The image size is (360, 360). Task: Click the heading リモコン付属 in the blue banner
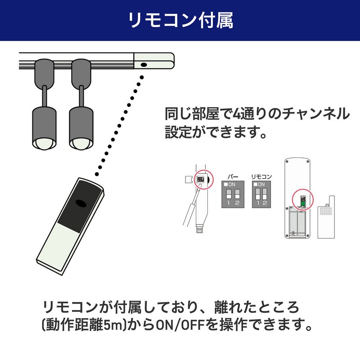(x=181, y=20)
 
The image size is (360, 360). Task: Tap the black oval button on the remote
(x=81, y=204)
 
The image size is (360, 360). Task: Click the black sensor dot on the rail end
(x=144, y=65)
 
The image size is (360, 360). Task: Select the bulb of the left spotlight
(x=44, y=144)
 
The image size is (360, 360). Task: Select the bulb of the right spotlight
(x=81, y=144)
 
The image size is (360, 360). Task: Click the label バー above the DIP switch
(x=233, y=177)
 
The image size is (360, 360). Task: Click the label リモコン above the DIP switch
(x=261, y=177)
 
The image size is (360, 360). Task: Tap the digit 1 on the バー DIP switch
(x=229, y=203)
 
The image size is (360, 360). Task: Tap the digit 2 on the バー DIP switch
(x=237, y=203)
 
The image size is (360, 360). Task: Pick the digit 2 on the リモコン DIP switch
(x=265, y=203)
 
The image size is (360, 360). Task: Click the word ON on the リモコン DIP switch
(x=261, y=184)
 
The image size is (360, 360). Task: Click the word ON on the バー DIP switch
(x=232, y=184)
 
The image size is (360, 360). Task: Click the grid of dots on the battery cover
(x=326, y=211)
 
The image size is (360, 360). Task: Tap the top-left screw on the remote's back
(x=287, y=162)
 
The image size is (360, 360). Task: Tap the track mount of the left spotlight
(x=44, y=73)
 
